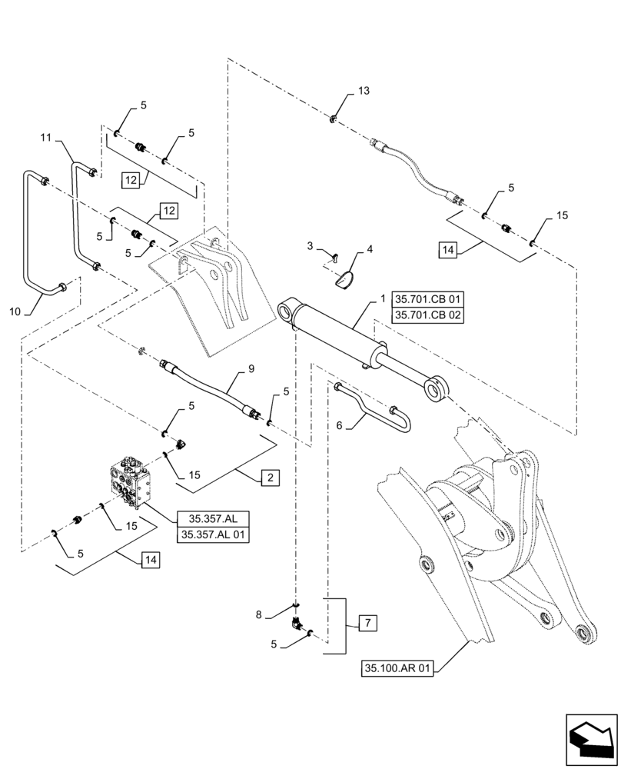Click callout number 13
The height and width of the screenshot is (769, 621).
363,91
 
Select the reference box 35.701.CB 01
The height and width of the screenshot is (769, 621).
429,299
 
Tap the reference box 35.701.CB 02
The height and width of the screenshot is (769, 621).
429,315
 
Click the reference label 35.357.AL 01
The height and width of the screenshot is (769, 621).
214,534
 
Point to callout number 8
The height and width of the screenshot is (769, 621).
260,613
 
